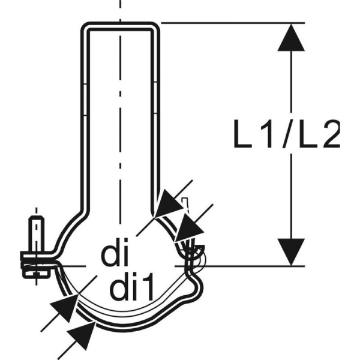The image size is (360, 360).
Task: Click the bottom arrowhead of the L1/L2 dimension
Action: pyautogui.click(x=291, y=251)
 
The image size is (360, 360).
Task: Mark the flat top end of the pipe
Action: pyautogui.click(x=121, y=25)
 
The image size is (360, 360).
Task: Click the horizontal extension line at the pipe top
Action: pyautogui.click(x=234, y=23)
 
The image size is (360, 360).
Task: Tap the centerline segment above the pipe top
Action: pyautogui.click(x=121, y=9)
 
